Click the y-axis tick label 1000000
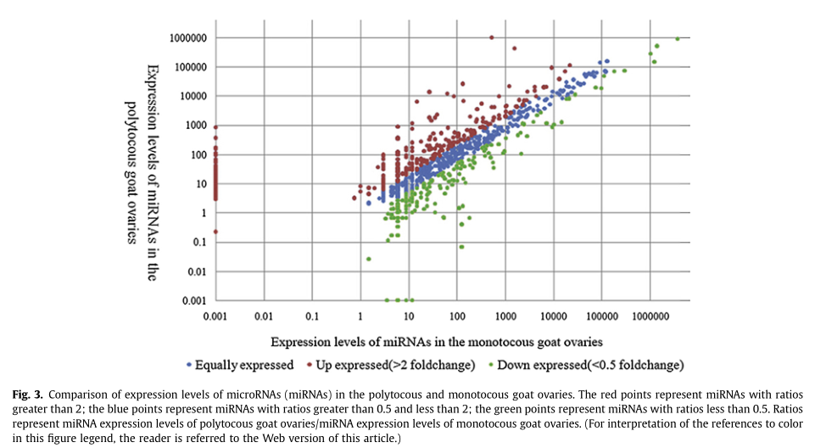(187, 37)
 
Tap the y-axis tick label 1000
(197, 126)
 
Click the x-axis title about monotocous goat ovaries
(437, 341)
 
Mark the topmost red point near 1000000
(491, 37)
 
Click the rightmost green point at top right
(678, 38)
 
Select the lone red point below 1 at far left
(215, 232)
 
